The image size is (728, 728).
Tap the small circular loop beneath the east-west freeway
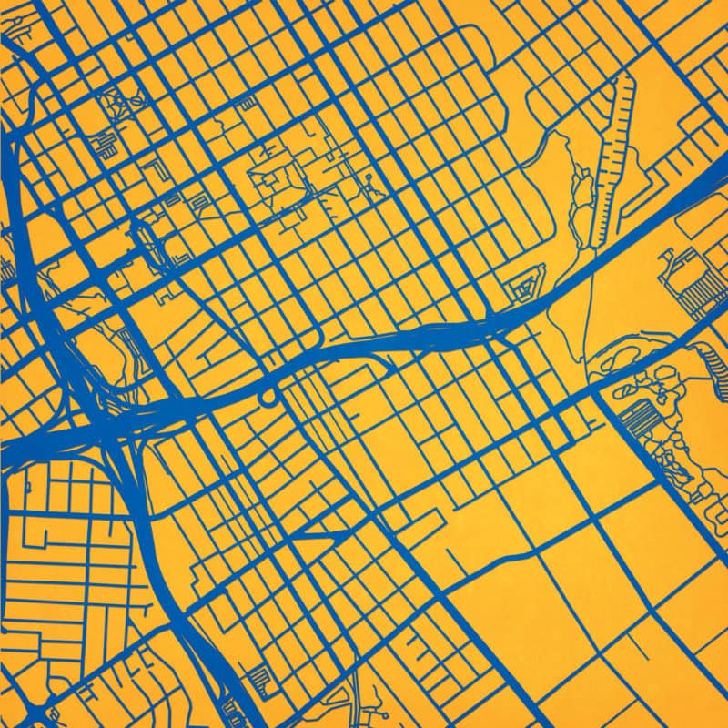(x=267, y=399)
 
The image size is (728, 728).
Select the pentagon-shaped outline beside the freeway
(x=527, y=285)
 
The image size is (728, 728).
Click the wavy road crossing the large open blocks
(x=510, y=558)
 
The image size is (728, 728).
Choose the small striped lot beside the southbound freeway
(x=261, y=678)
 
